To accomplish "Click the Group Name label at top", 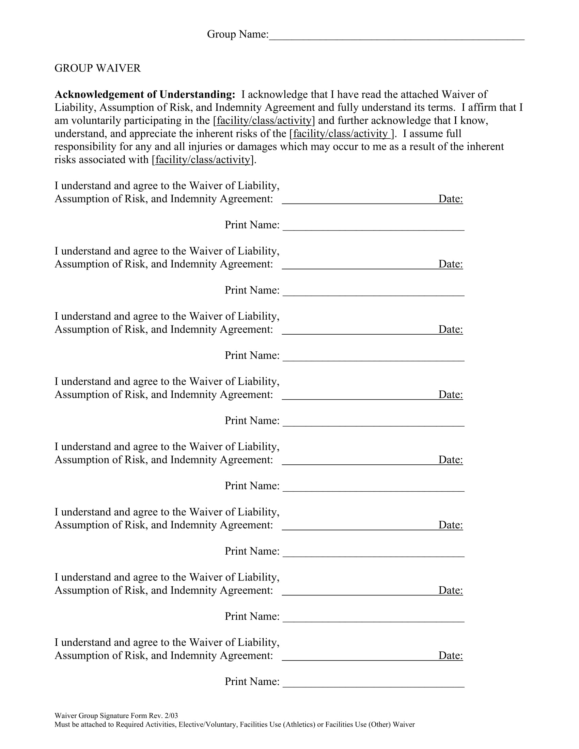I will click(237, 34).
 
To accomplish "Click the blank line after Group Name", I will click(396, 38).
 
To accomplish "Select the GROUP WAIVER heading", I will click(97, 68).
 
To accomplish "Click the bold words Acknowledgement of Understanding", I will click(145, 94).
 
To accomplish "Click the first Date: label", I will click(450, 199).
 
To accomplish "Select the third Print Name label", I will click(252, 355).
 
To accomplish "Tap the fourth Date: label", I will click(450, 394).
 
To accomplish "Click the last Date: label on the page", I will click(450, 655).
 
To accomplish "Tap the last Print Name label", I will click(252, 682).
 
